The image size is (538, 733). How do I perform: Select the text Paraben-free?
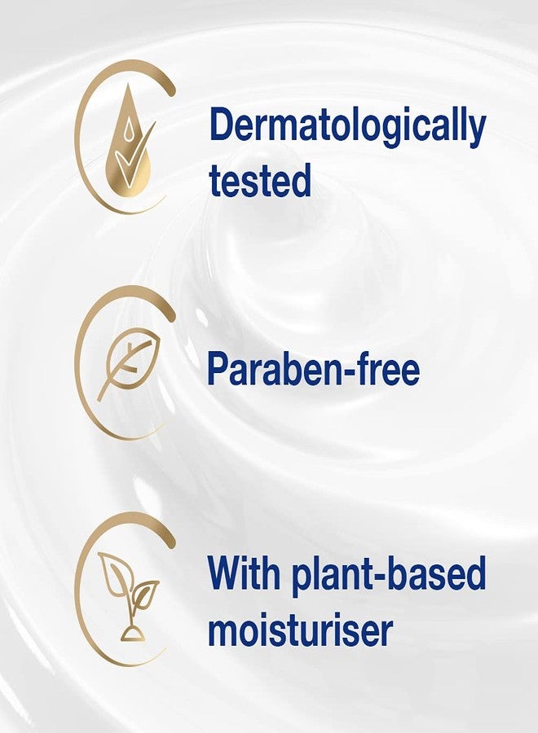pyautogui.click(x=314, y=370)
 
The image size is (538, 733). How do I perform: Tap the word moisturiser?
pyautogui.click(x=300, y=629)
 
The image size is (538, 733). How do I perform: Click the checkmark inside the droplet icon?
pyautogui.click(x=130, y=155)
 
